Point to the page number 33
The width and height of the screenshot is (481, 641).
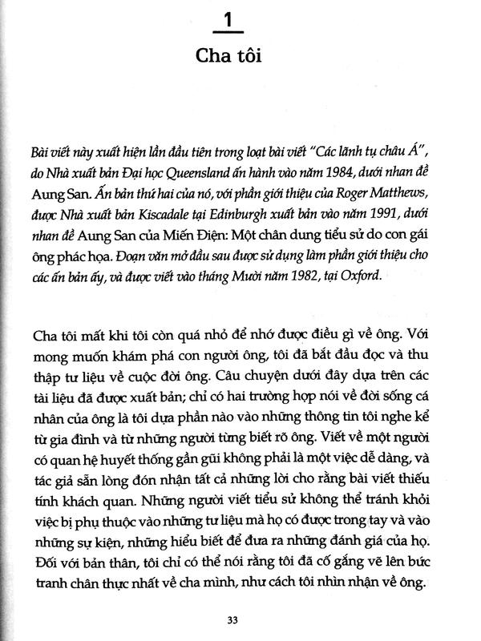tap(238, 617)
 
